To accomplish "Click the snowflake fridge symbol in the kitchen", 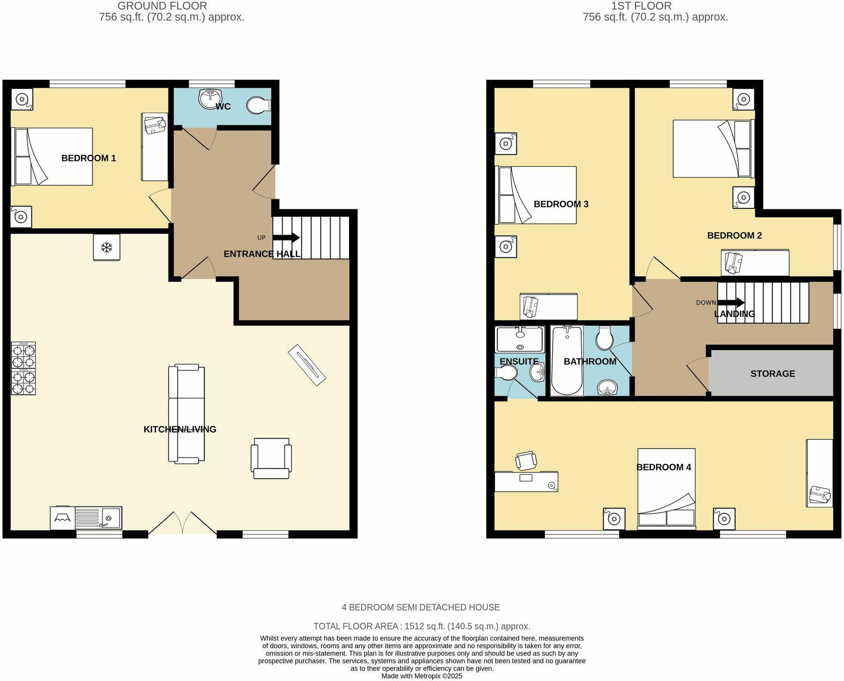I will tap(106, 248).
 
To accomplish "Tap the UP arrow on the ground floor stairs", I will tap(286, 237).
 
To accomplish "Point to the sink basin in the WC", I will tap(210, 99).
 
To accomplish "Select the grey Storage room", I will tap(772, 373).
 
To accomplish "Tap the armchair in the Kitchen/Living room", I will tap(271, 458).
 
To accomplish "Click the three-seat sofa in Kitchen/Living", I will tap(186, 415).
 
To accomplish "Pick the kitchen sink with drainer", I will tap(98, 518).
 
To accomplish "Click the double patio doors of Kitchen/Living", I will tap(182, 524).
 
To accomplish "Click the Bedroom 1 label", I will tap(89, 158).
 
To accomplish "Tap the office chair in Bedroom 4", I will tap(526, 460).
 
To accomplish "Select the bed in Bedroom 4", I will tap(666, 489).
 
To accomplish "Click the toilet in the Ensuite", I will tap(506, 373).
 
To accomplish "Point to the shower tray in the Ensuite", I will tap(520, 339).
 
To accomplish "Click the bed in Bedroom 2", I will tap(713, 148).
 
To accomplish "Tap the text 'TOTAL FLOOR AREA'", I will tap(356, 626).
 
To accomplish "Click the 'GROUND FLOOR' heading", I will tap(162, 6).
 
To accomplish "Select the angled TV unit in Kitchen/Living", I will tap(307, 365).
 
